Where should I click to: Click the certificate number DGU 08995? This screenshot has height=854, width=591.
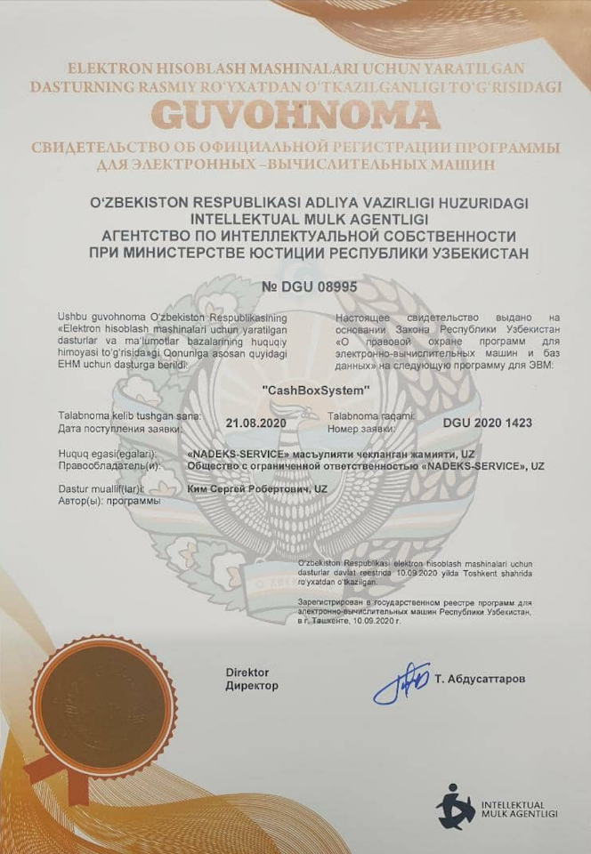295,286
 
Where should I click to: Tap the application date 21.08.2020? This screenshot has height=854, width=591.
256,423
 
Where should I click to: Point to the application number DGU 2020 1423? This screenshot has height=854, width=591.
487,423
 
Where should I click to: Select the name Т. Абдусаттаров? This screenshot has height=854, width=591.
481,679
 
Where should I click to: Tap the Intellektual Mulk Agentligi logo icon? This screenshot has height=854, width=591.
455,806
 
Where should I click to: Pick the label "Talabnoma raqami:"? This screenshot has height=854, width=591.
371,416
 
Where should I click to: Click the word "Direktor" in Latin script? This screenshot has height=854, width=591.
247,673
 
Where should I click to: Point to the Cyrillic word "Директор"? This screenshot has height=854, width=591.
251,686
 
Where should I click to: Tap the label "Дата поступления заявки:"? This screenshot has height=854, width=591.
119,429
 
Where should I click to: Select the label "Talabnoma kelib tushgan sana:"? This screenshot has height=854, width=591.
129,416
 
